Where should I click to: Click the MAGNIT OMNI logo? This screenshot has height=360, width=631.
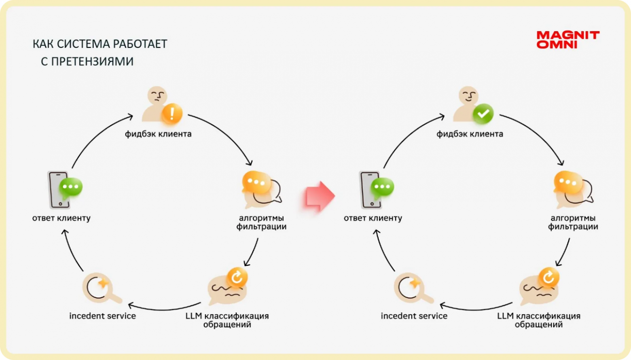(567, 40)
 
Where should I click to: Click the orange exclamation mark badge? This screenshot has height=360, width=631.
(172, 113)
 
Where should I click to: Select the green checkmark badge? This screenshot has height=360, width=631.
(483, 114)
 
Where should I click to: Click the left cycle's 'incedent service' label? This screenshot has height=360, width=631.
(102, 316)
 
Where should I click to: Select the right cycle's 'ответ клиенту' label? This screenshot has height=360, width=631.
(373, 218)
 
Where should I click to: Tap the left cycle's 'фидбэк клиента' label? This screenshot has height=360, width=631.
(158, 134)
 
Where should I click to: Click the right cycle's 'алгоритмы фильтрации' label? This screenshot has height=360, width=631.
(573, 222)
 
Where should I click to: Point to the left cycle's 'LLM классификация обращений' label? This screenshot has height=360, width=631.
(227, 320)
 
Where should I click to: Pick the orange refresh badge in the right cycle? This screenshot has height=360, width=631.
(548, 277)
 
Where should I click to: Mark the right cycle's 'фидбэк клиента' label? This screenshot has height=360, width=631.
(470, 134)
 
